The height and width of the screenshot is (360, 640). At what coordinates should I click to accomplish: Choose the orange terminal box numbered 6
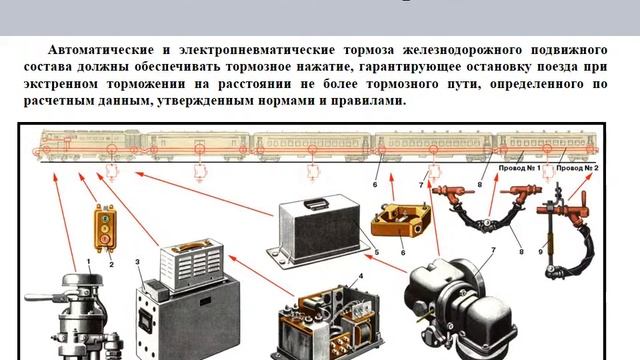399,220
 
